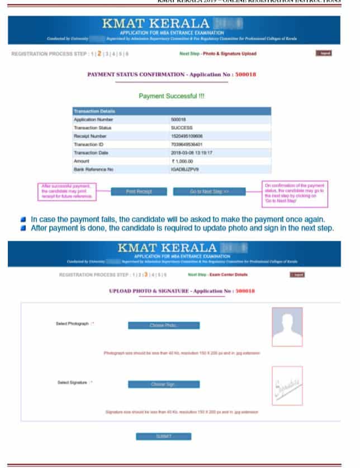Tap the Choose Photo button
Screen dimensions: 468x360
pyautogui.click(x=163, y=326)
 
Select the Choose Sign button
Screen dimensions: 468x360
pyautogui.click(x=163, y=384)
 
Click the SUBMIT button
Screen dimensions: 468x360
pyautogui.click(x=163, y=436)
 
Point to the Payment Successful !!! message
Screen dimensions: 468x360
pyautogui.click(x=171, y=96)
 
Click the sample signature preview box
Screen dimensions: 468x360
pyautogui.click(x=287, y=385)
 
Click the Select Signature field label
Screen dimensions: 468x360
pyautogui.click(x=75, y=383)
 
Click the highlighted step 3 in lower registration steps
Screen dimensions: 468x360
pyautogui.click(x=146, y=275)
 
